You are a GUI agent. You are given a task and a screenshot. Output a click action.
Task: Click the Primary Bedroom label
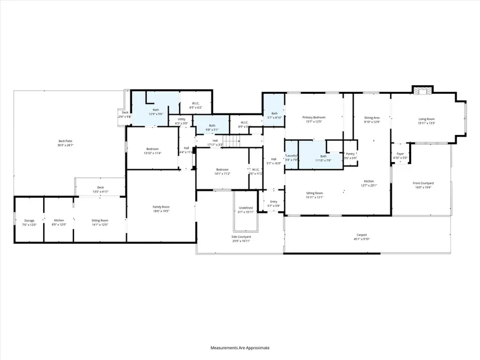coord(314,117)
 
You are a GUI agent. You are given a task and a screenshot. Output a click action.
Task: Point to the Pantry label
coord(350,154)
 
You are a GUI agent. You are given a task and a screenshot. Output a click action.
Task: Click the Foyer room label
coord(400,154)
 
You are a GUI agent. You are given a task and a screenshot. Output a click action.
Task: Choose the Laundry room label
coord(292,155)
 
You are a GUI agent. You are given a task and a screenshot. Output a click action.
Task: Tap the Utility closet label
coord(181,119)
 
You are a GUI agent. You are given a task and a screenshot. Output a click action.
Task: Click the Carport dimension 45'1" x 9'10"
coord(362,239)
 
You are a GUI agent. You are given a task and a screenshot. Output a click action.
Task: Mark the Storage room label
coord(29,220)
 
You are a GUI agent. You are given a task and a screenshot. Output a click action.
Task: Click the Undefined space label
coord(245,208)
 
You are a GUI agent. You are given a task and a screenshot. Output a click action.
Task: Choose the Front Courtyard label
coord(423,183)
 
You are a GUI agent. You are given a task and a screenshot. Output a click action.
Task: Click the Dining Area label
coord(372,117)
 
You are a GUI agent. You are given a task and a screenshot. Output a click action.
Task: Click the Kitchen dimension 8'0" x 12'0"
coord(59,225)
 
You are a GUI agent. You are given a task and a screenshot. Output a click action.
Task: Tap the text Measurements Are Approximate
coord(240,348)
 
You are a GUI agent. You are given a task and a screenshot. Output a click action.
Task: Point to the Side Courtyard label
coord(242,236)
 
